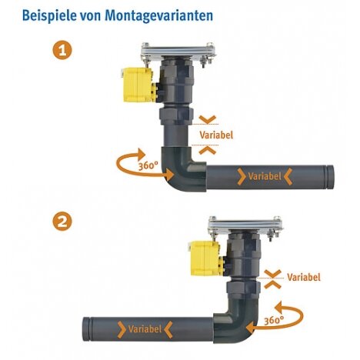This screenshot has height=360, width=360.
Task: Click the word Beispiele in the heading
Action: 49,15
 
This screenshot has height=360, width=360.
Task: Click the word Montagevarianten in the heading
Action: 158,16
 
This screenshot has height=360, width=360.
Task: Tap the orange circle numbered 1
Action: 62,50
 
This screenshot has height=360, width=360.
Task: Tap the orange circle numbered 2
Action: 62,221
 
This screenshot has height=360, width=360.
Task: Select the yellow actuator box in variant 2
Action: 205,258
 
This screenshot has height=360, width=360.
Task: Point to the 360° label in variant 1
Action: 148,165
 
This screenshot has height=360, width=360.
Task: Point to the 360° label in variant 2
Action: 274,320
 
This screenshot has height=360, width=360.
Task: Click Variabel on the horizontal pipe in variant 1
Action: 265,176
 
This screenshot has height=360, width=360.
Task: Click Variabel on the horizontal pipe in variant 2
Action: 145,329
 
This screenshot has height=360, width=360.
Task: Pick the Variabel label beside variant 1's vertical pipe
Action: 216,135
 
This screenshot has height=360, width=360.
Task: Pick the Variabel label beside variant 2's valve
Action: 304,277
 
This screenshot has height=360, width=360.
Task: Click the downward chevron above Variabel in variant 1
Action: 208,119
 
